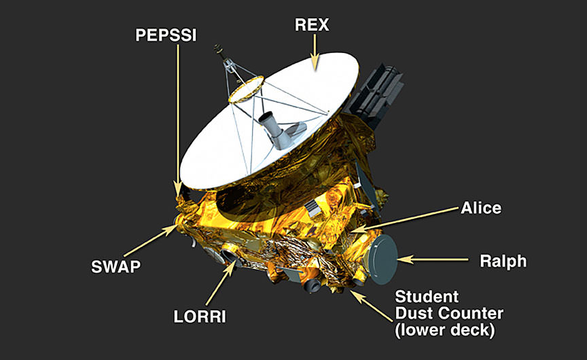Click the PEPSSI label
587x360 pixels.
click(166, 35)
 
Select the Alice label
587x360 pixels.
click(480, 207)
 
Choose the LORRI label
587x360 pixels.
click(198, 316)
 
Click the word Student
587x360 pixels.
click(427, 297)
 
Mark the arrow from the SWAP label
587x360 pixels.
click(150, 242)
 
